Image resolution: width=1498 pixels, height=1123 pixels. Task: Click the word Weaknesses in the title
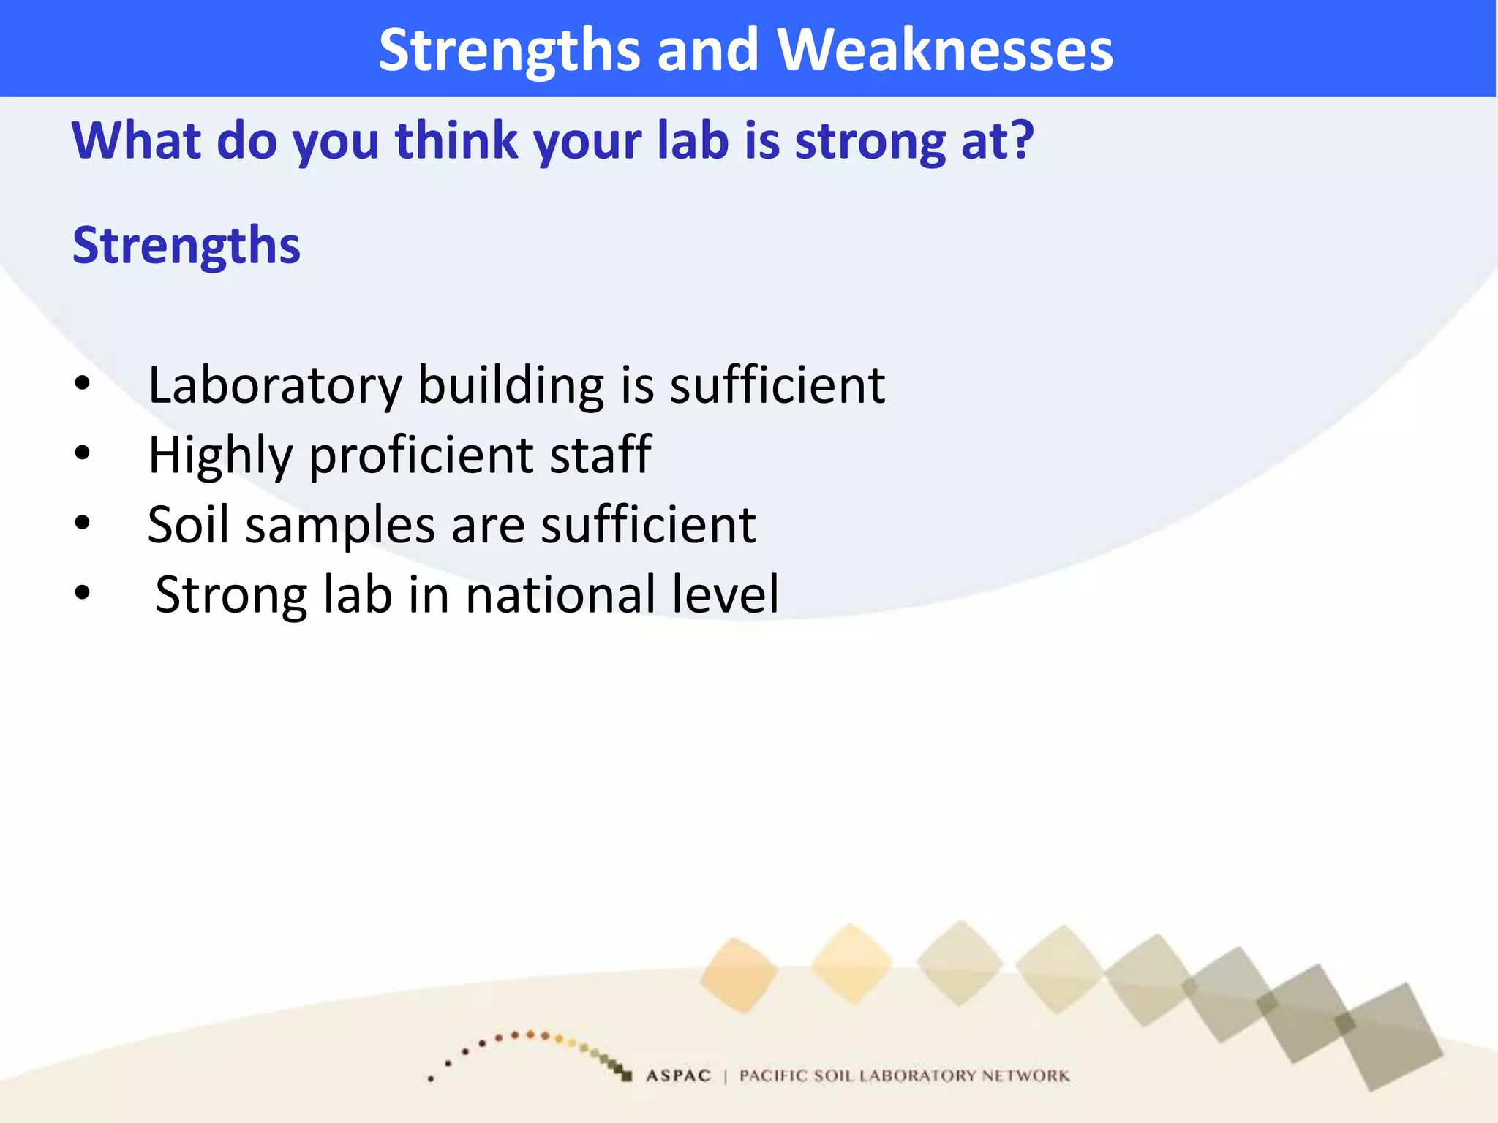pyautogui.click(x=944, y=50)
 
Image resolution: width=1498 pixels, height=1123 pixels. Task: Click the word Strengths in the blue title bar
pyautogui.click(x=510, y=50)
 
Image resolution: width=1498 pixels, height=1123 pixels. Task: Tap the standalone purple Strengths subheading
pyautogui.click(x=186, y=245)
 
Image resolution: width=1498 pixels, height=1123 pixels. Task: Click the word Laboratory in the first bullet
pyautogui.click(x=274, y=385)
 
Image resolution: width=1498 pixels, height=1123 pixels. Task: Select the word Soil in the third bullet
pyautogui.click(x=188, y=524)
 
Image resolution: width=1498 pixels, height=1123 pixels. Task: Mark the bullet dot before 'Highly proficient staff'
pyautogui.click(x=82, y=453)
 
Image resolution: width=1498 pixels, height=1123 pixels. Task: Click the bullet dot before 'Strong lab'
pyautogui.click(x=82, y=593)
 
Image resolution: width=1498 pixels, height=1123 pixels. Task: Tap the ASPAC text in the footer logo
pyautogui.click(x=678, y=1075)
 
